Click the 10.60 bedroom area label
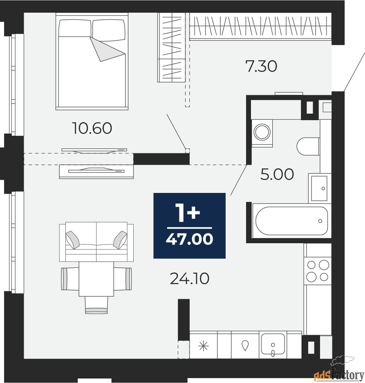(92, 128)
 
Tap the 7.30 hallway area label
(261, 66)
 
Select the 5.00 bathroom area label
(277, 174)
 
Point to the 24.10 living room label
(189, 279)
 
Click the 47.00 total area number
(189, 239)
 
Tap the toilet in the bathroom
(308, 146)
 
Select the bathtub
(292, 221)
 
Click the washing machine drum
(262, 132)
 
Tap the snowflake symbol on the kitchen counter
(204, 346)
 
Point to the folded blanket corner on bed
(107, 49)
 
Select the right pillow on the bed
(109, 30)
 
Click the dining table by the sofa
(96, 279)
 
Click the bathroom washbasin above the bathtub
(319, 188)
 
